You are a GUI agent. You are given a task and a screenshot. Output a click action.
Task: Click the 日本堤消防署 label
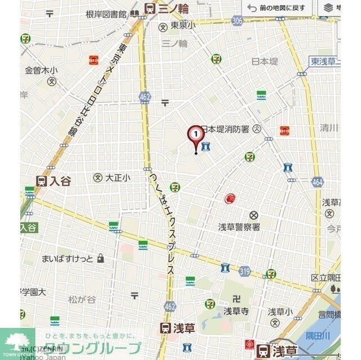coord(225,128)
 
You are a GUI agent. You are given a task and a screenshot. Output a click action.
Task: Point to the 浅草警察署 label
coord(239,226)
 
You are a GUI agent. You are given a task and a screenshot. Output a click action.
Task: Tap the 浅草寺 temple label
coord(236,310)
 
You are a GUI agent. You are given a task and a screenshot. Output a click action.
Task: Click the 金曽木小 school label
coord(41,70)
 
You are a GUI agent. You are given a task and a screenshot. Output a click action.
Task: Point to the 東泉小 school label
coord(183,25)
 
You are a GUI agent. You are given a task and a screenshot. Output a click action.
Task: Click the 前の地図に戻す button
coord(278,8)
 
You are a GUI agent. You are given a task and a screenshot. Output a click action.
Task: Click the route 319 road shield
coord(244,271)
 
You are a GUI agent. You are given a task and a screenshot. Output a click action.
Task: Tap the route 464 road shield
coord(317,181)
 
